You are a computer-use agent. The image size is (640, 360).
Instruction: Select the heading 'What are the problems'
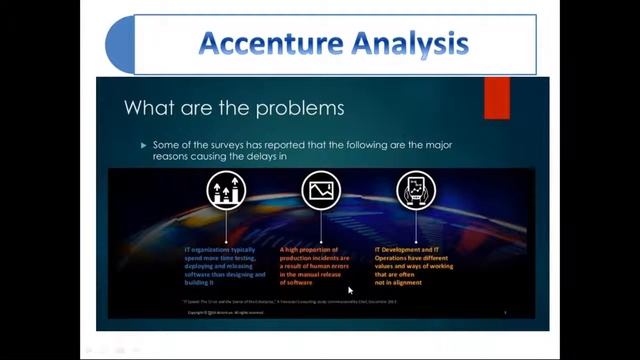pos(233,107)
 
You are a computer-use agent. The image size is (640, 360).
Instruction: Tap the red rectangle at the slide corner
pos(497,98)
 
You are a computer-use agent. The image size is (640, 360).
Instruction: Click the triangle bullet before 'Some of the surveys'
pos(144,145)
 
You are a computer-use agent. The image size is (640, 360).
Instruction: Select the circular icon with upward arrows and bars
pos(226,189)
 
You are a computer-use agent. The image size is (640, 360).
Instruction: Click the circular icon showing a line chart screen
pos(322,189)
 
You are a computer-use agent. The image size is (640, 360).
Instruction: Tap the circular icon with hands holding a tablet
pos(416,189)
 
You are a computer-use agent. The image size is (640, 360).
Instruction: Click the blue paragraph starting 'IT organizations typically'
pos(225,265)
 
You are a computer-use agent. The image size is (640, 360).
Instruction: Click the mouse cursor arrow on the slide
pos(350,290)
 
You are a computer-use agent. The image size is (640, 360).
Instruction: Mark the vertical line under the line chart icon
pos(322,225)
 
